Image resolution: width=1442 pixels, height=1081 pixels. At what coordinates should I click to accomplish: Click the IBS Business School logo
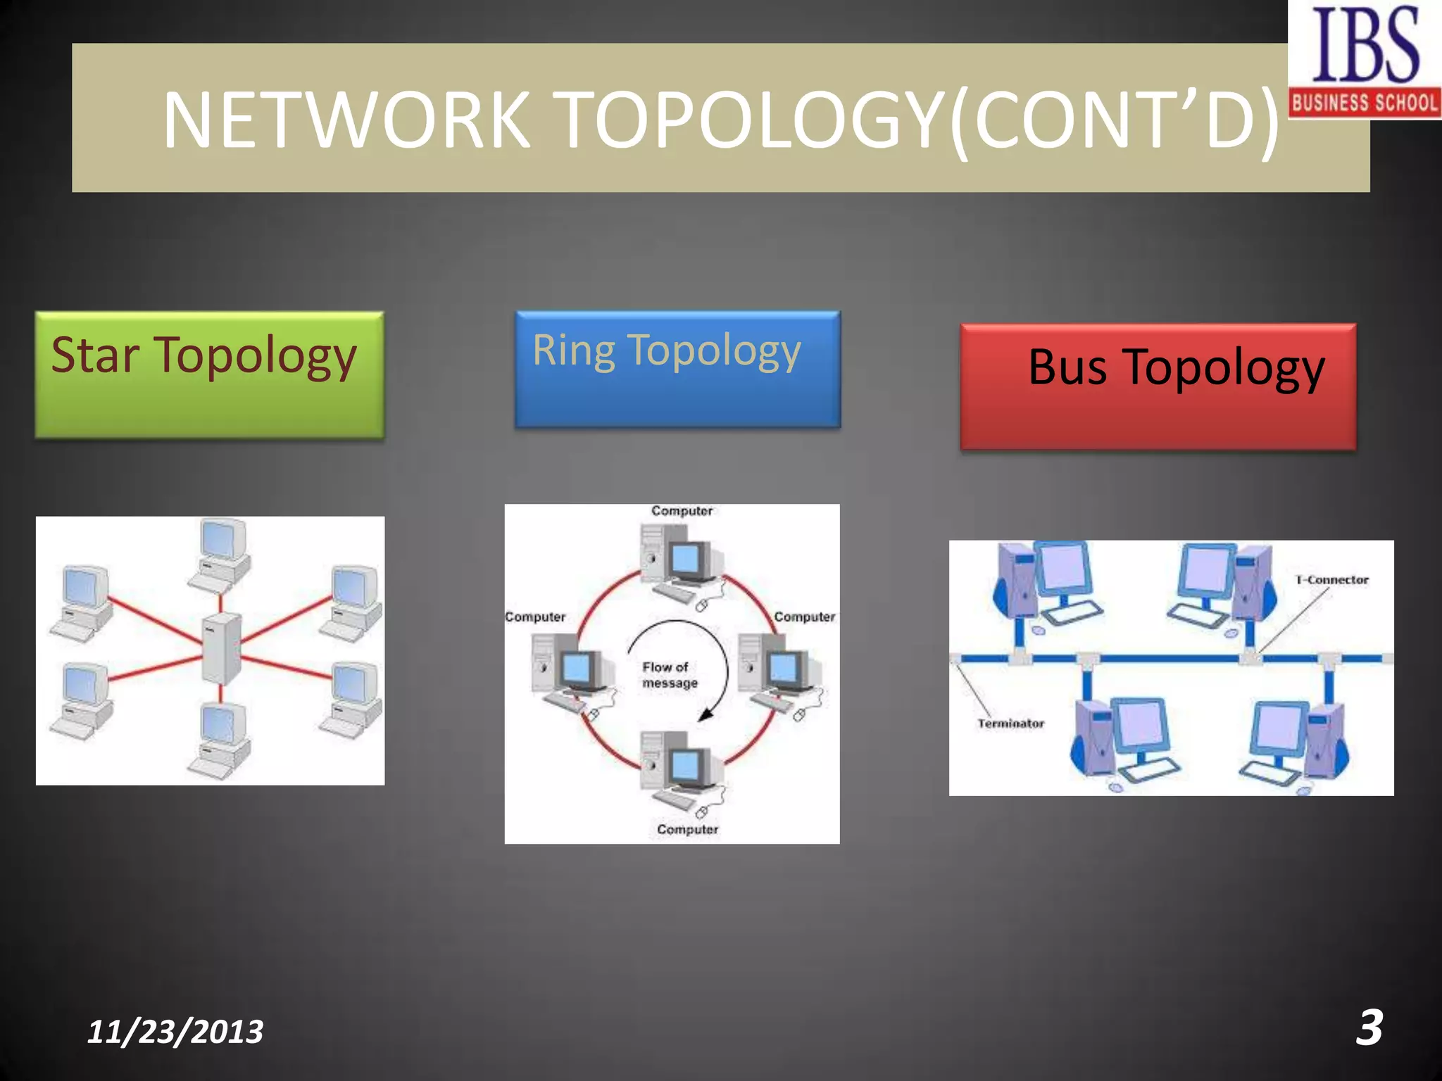pos(1365,59)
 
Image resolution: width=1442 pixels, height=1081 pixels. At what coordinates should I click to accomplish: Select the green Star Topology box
pos(210,375)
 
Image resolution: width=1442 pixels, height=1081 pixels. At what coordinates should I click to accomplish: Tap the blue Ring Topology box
pos(677,369)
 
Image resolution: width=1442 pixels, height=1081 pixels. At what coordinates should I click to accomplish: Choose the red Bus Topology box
pos(1158,386)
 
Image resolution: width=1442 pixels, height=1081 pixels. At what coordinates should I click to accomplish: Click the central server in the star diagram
pos(221,647)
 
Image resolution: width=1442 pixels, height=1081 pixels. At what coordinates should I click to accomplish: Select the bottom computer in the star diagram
pos(220,739)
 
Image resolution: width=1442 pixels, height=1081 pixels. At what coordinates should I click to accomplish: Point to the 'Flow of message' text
pos(669,675)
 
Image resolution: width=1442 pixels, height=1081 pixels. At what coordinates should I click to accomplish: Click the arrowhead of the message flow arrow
pos(706,714)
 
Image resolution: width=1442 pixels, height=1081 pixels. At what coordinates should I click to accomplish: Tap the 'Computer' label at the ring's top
pos(682,511)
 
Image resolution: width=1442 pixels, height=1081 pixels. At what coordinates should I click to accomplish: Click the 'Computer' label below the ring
pos(687,829)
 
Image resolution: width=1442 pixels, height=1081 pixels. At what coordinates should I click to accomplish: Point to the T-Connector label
pos(1332,580)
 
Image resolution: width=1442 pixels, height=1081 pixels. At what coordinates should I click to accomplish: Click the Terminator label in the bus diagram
pos(1010,723)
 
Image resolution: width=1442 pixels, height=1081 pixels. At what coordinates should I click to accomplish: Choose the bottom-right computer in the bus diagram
pos(1299,742)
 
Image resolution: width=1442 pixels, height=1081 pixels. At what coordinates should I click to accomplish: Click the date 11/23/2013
pos(175,1032)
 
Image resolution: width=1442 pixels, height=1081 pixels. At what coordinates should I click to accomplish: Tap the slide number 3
pos(1369,1028)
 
